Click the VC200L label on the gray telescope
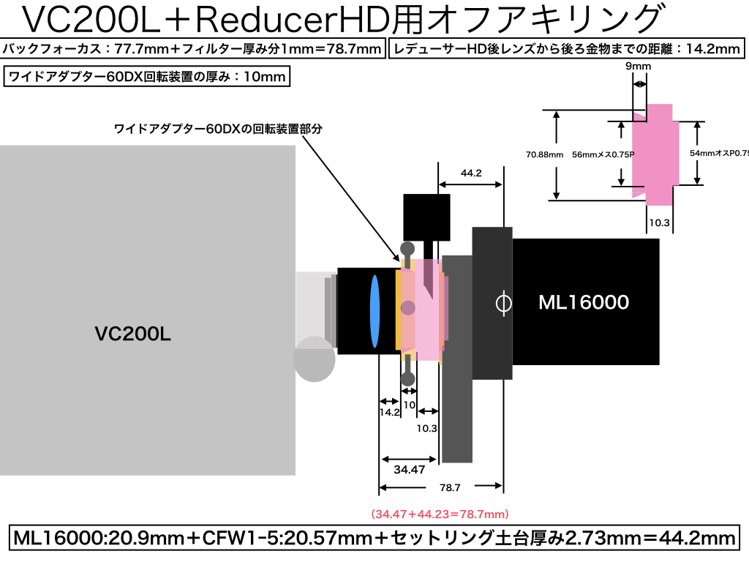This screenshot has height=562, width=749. [133, 334]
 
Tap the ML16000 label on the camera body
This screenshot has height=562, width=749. [583, 302]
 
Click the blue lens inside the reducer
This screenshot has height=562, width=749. [374, 311]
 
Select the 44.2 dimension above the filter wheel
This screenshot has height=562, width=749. [471, 173]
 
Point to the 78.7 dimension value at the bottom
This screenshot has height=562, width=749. [450, 487]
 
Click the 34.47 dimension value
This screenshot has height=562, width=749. [410, 469]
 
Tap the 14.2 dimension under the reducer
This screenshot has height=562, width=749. [389, 412]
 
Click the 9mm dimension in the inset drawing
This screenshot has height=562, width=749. [638, 66]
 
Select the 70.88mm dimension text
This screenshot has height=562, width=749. [544, 154]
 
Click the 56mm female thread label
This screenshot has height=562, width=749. [603, 154]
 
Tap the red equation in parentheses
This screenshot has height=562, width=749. [440, 514]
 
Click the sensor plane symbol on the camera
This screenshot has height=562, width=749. [503, 303]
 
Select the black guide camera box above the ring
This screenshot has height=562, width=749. [426, 217]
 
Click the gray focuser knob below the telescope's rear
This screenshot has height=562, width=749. [314, 359]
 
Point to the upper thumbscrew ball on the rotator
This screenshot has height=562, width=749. [407, 249]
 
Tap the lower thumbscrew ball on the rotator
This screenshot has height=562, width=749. [407, 379]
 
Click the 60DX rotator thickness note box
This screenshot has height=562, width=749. [146, 76]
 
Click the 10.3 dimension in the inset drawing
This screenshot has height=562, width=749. [659, 222]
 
